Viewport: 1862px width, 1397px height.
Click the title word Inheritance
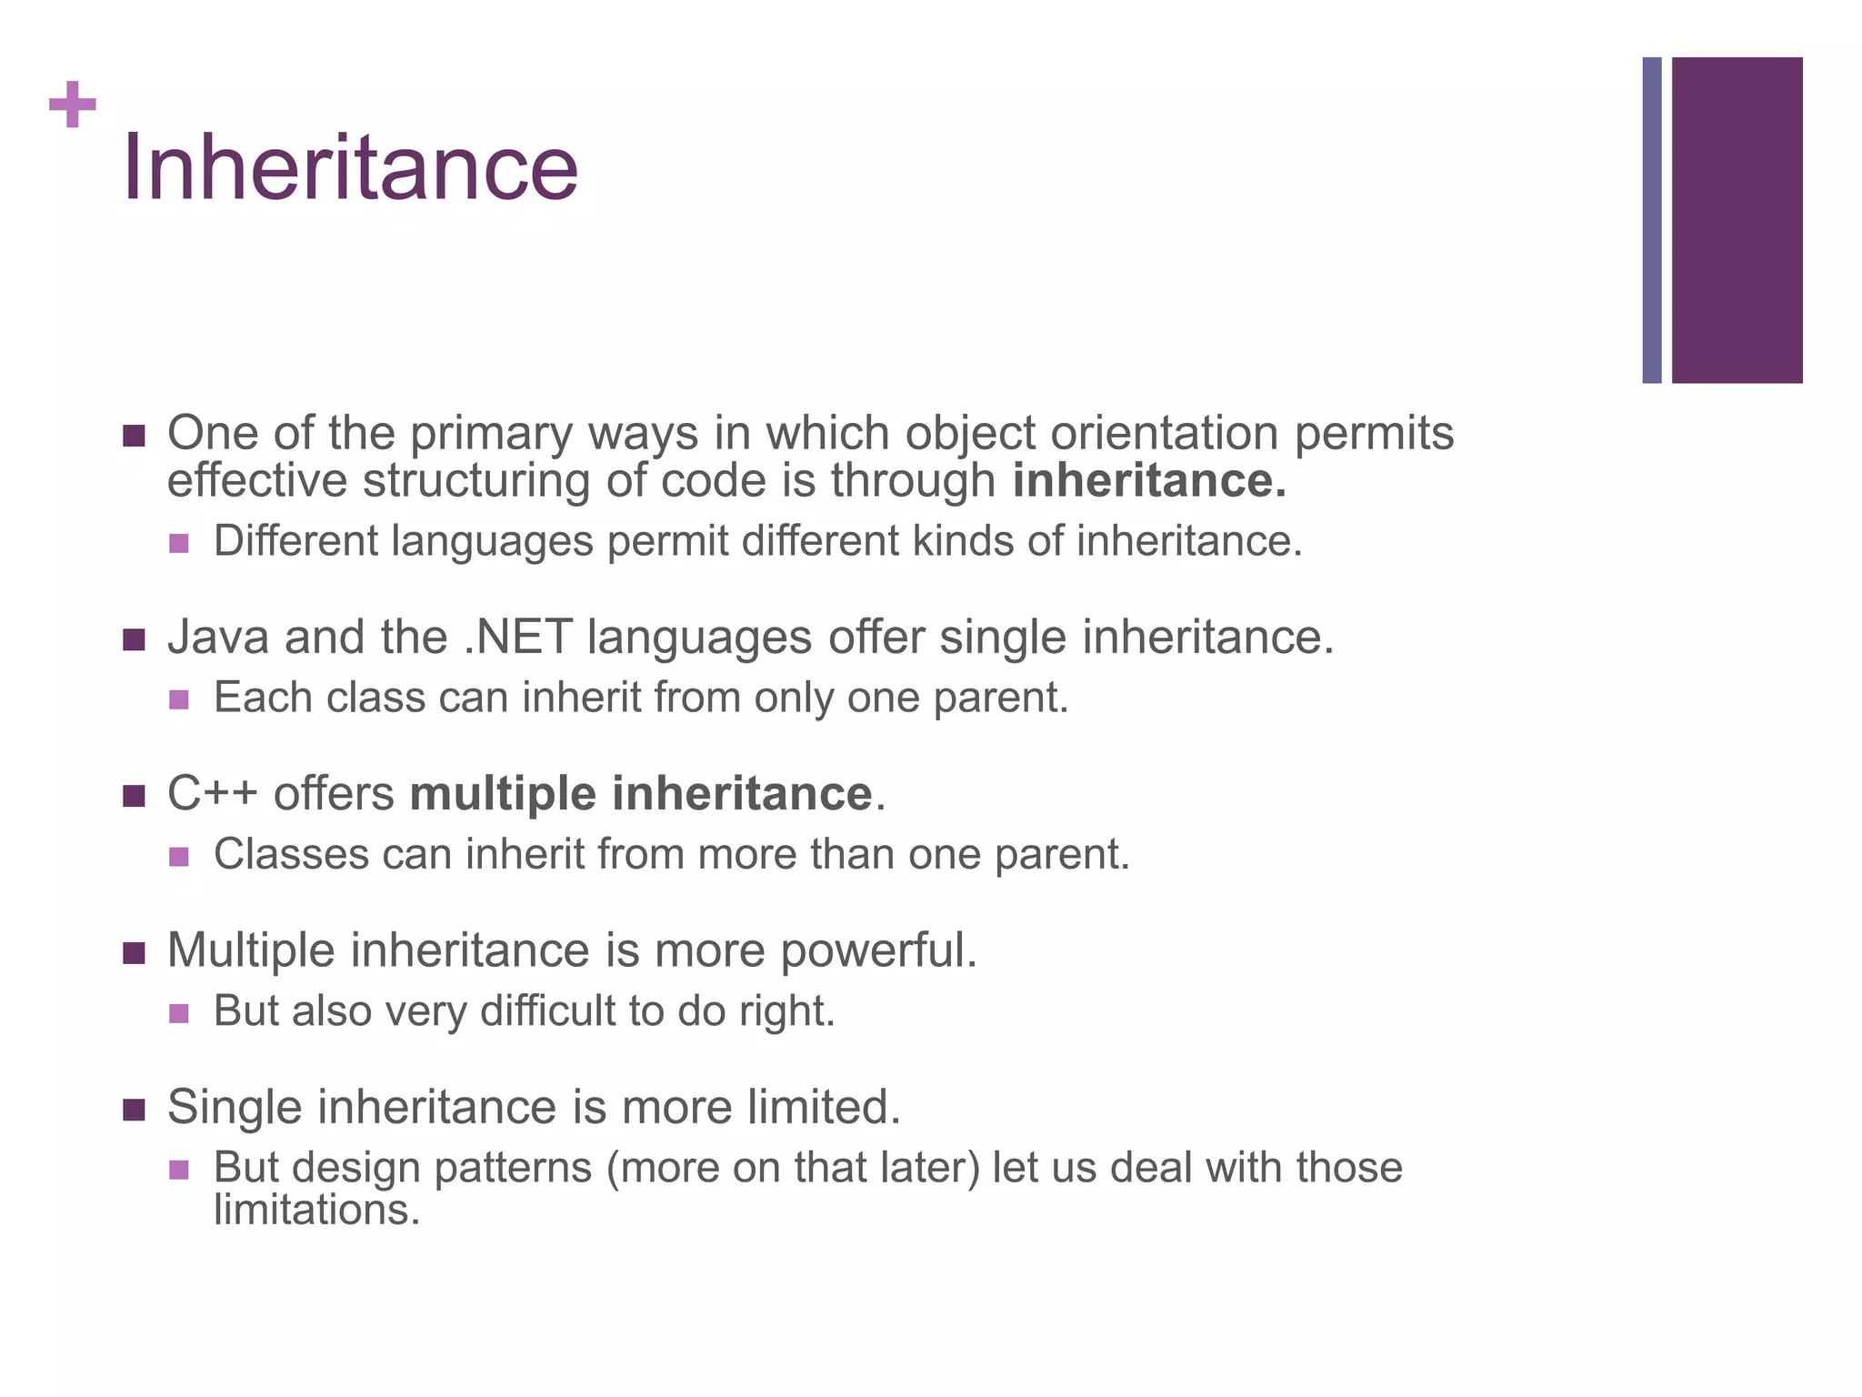[x=350, y=167]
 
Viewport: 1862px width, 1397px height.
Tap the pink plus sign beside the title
[x=73, y=105]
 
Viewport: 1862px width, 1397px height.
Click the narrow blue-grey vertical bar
[x=1651, y=220]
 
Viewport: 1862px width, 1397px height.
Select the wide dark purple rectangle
[x=1737, y=220]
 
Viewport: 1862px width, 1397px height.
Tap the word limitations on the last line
[x=316, y=1211]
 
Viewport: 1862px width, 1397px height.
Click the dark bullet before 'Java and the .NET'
[x=134, y=640]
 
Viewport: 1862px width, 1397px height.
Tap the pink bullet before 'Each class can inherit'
[x=179, y=699]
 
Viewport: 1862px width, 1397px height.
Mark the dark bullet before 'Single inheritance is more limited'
[x=134, y=1111]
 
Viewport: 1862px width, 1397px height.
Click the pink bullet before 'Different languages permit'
[x=179, y=543]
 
